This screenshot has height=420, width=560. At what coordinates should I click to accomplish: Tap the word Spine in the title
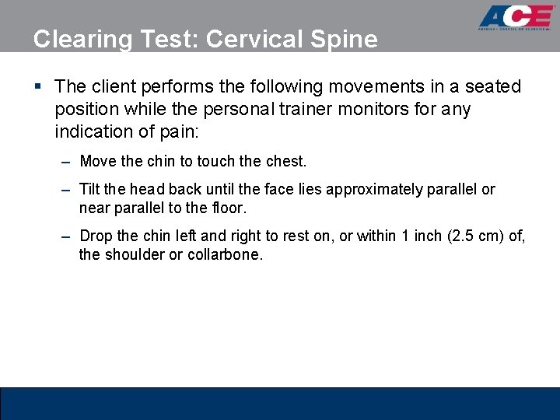[x=349, y=39]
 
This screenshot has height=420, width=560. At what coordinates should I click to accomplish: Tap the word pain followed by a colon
[x=180, y=131]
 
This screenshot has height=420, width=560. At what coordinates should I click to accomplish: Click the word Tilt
[x=91, y=190]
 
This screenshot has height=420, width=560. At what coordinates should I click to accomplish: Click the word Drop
[x=96, y=236]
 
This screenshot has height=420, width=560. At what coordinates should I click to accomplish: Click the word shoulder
[x=134, y=254]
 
